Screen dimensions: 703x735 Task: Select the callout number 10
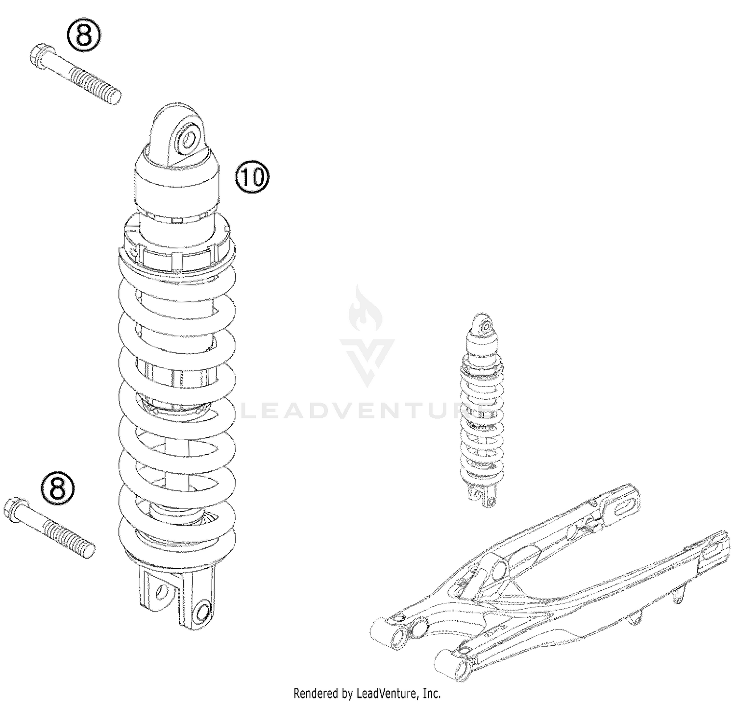pos(252,177)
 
